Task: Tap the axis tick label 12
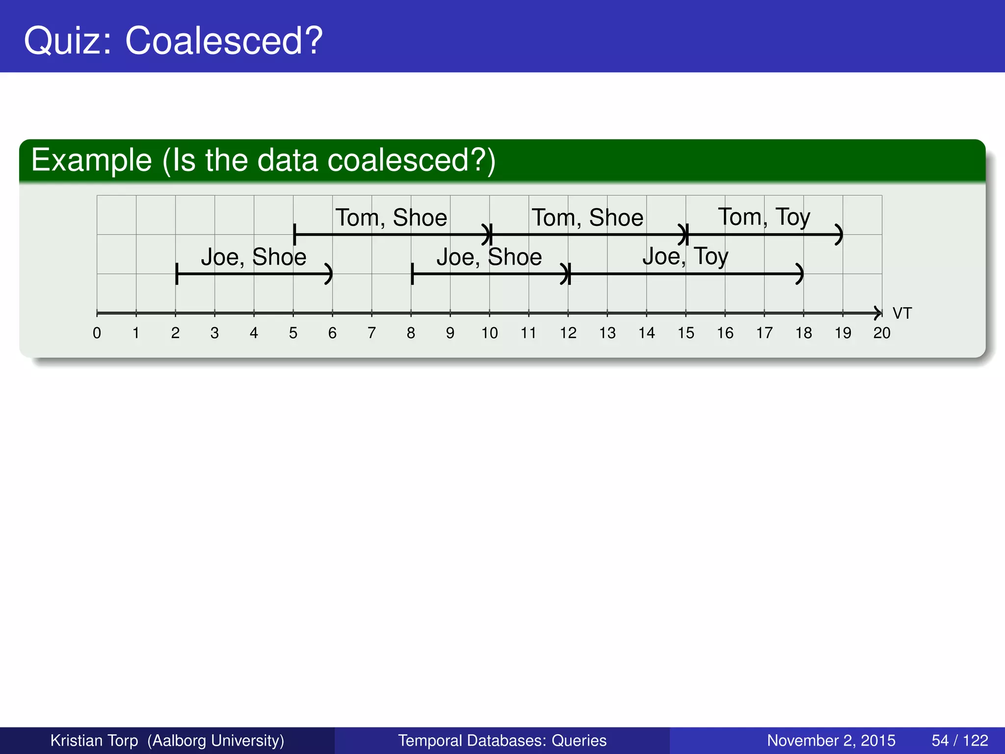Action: coord(568,333)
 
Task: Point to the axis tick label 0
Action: coord(97,333)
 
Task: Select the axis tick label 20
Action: coord(881,333)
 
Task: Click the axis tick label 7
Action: coord(371,333)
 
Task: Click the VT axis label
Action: coord(902,313)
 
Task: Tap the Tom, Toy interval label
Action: coord(764,217)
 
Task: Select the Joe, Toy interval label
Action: coord(685,256)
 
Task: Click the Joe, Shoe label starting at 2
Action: coord(253,257)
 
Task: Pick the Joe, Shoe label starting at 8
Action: coord(489,257)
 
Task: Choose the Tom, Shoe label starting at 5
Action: coord(391,217)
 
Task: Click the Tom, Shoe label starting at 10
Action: coord(587,217)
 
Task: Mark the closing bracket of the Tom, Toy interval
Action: coord(840,235)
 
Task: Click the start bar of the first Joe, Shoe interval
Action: coord(176,274)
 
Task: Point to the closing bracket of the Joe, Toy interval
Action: coord(800,274)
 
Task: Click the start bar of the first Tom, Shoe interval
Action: coord(294,235)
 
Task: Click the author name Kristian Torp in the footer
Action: coord(94,740)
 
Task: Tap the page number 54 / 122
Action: coord(959,740)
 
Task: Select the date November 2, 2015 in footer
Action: coord(831,740)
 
